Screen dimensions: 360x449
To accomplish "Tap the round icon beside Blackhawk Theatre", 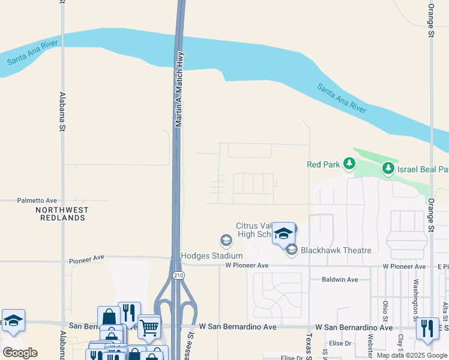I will pyautogui.click(x=292, y=250).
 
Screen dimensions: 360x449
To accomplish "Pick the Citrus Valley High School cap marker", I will pyautogui.click(x=283, y=233).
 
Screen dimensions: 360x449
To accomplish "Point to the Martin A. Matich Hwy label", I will pyautogui.click(x=179, y=89).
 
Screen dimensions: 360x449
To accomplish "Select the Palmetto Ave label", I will pyautogui.click(x=37, y=200).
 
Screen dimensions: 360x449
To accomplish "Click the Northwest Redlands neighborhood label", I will pyautogui.click(x=62, y=214).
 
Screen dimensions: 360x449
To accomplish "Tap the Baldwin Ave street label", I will pyautogui.click(x=339, y=280).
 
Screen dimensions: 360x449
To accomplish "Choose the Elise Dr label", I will pyautogui.click(x=339, y=343).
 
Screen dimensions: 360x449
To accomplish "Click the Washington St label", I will pyautogui.click(x=415, y=300).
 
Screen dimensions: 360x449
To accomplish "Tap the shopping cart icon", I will pyautogui.click(x=149, y=326).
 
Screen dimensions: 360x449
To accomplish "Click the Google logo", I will pyautogui.click(x=20, y=353).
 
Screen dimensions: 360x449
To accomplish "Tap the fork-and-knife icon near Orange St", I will pyautogui.click(x=427, y=328).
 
